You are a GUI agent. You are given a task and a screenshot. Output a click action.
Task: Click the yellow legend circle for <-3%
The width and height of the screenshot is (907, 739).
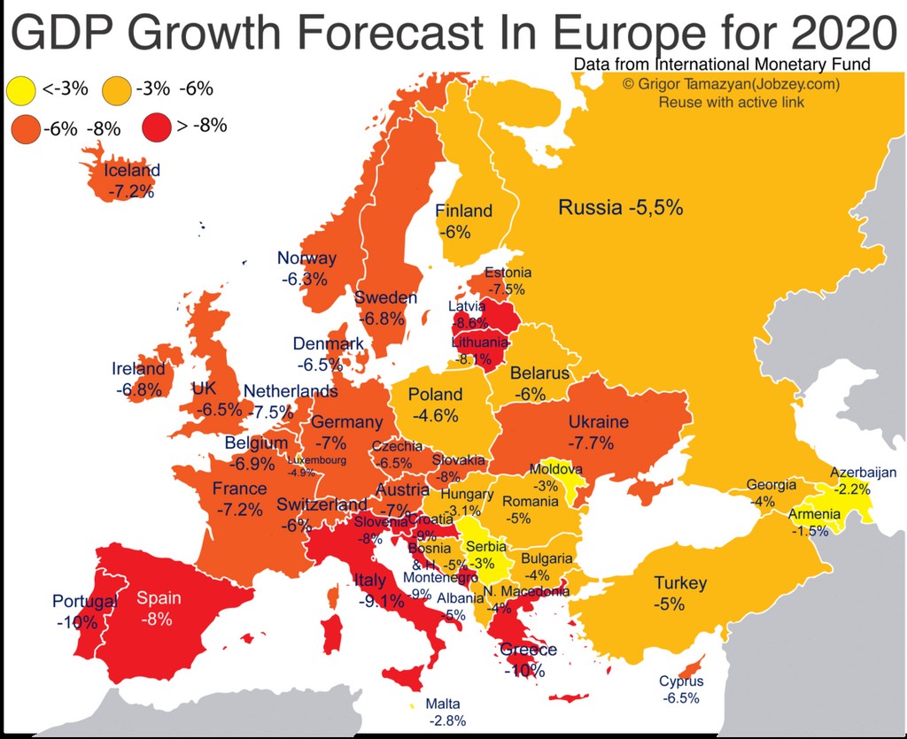point(20,89)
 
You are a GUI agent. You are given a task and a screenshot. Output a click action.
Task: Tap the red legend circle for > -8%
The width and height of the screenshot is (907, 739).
point(157,127)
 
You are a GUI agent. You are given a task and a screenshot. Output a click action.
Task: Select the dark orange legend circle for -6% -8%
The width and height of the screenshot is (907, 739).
point(25,128)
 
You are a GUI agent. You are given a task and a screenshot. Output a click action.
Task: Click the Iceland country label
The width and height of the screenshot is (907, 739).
point(132,171)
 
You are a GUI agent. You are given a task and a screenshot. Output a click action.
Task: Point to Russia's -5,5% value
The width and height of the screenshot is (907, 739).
point(655,208)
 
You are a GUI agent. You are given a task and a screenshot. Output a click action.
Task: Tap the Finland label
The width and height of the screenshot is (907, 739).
point(463,211)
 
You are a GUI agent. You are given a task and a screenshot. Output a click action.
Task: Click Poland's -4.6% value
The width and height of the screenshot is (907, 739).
point(435,415)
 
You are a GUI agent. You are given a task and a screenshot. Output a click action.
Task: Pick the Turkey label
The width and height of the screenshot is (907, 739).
point(680,582)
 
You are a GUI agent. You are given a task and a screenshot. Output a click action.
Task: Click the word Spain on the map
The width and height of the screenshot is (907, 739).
point(159,598)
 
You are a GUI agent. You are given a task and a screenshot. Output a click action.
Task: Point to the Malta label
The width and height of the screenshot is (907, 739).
point(443,704)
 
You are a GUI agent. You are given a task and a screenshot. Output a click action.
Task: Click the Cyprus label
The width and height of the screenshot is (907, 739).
point(681,681)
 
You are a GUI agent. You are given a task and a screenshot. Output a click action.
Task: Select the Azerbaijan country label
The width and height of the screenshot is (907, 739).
point(863,473)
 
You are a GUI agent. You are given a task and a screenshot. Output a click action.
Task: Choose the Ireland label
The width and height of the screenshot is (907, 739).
point(138,369)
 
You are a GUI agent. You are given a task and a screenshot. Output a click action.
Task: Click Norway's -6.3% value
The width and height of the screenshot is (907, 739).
point(305,279)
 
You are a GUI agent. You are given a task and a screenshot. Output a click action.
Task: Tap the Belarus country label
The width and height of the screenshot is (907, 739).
point(539,373)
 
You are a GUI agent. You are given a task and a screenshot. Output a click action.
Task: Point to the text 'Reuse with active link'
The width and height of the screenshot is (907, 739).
point(731,102)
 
